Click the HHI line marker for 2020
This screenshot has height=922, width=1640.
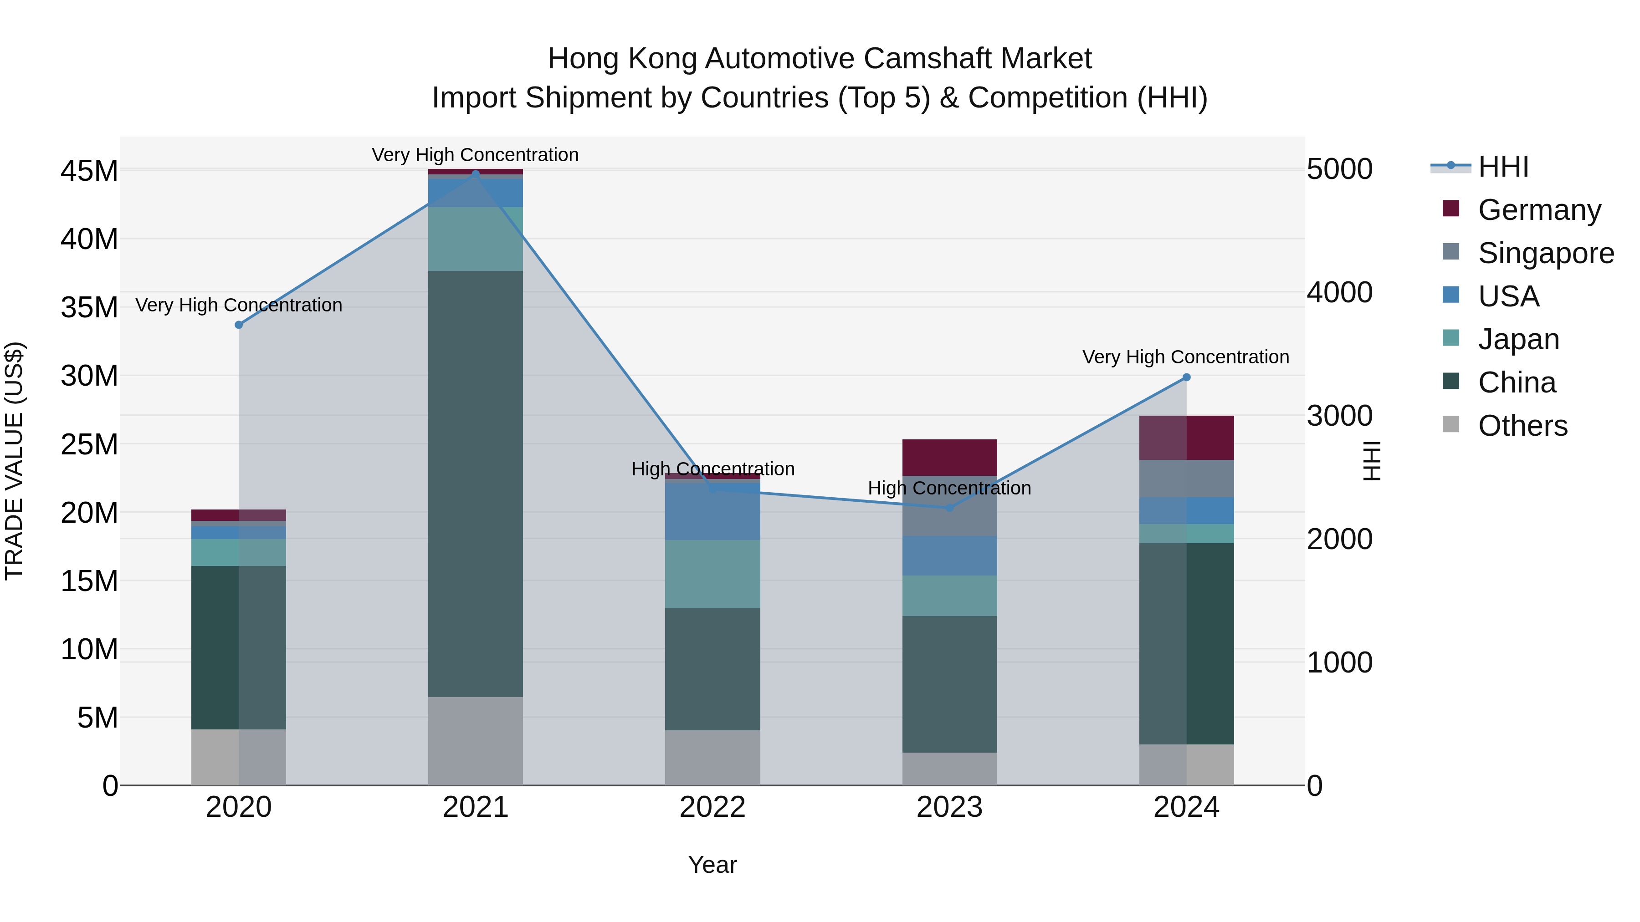(x=239, y=325)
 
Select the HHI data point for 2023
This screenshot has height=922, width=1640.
(x=949, y=508)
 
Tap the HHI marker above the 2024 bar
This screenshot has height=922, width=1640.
(x=1186, y=377)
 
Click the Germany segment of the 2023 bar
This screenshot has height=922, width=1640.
(x=949, y=458)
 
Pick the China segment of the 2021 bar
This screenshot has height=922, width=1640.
(x=476, y=484)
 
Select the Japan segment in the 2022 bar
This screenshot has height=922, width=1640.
(x=712, y=574)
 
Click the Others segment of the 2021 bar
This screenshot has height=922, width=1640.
(x=476, y=741)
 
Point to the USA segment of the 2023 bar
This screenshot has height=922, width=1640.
(x=949, y=555)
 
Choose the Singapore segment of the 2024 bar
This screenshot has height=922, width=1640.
(x=1186, y=479)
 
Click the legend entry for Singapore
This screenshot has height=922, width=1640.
(x=1545, y=253)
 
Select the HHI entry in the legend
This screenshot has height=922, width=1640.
(x=1502, y=167)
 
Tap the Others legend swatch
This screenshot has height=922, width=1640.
(x=1451, y=424)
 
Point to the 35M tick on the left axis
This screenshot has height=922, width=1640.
(x=89, y=308)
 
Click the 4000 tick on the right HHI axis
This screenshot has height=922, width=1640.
(x=1339, y=293)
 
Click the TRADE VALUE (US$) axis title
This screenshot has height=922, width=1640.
(x=14, y=461)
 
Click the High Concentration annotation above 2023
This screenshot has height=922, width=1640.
(x=949, y=489)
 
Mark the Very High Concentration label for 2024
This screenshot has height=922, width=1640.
(x=1185, y=357)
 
